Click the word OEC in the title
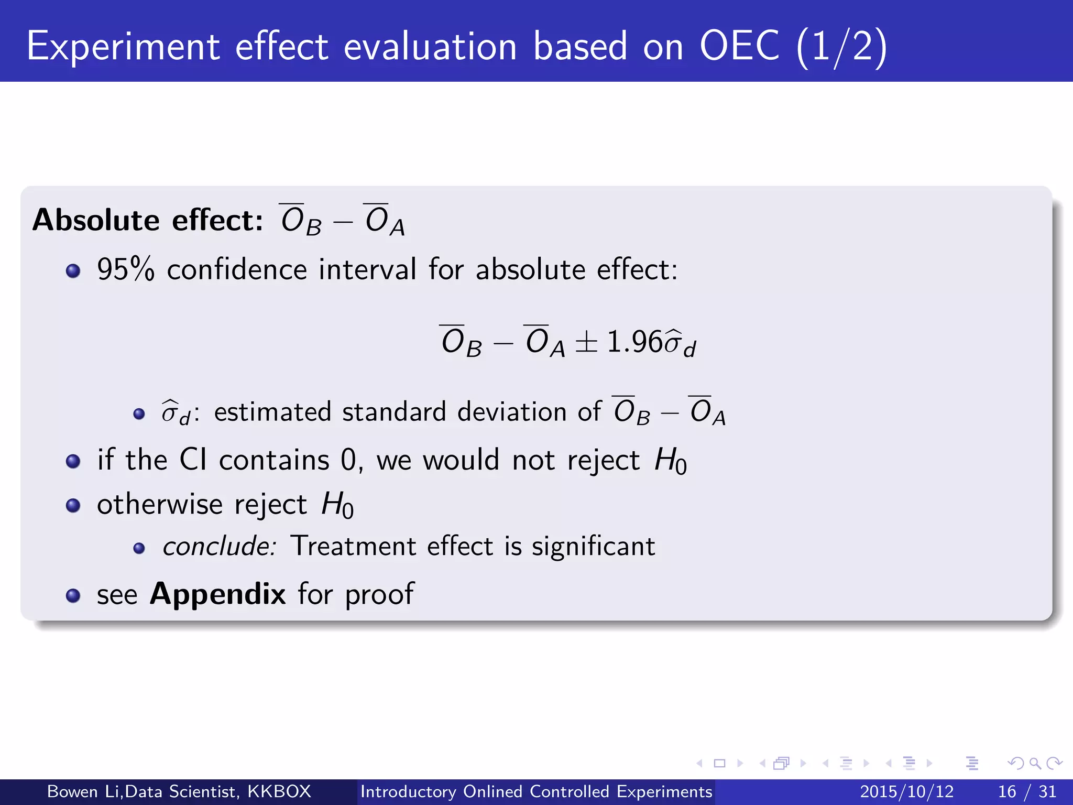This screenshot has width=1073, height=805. click(x=739, y=46)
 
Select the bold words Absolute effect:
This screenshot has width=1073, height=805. click(x=147, y=220)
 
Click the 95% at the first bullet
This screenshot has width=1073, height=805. click(x=126, y=270)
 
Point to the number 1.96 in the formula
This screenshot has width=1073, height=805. click(x=634, y=342)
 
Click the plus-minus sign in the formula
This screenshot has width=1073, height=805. click(x=586, y=343)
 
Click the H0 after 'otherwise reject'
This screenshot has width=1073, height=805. click(x=337, y=505)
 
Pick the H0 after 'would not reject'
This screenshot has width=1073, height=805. click(x=670, y=461)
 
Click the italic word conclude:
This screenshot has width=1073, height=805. click(x=219, y=546)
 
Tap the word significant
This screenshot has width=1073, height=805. click(x=593, y=546)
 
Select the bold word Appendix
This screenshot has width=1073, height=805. click(x=217, y=594)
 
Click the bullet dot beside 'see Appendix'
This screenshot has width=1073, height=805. click(x=73, y=595)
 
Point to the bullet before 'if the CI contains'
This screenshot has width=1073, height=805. click(x=73, y=461)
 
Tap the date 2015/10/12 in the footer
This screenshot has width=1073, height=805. click(x=906, y=791)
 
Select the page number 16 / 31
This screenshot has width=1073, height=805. click(x=1027, y=791)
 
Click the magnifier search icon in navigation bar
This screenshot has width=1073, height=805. click(x=1035, y=763)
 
